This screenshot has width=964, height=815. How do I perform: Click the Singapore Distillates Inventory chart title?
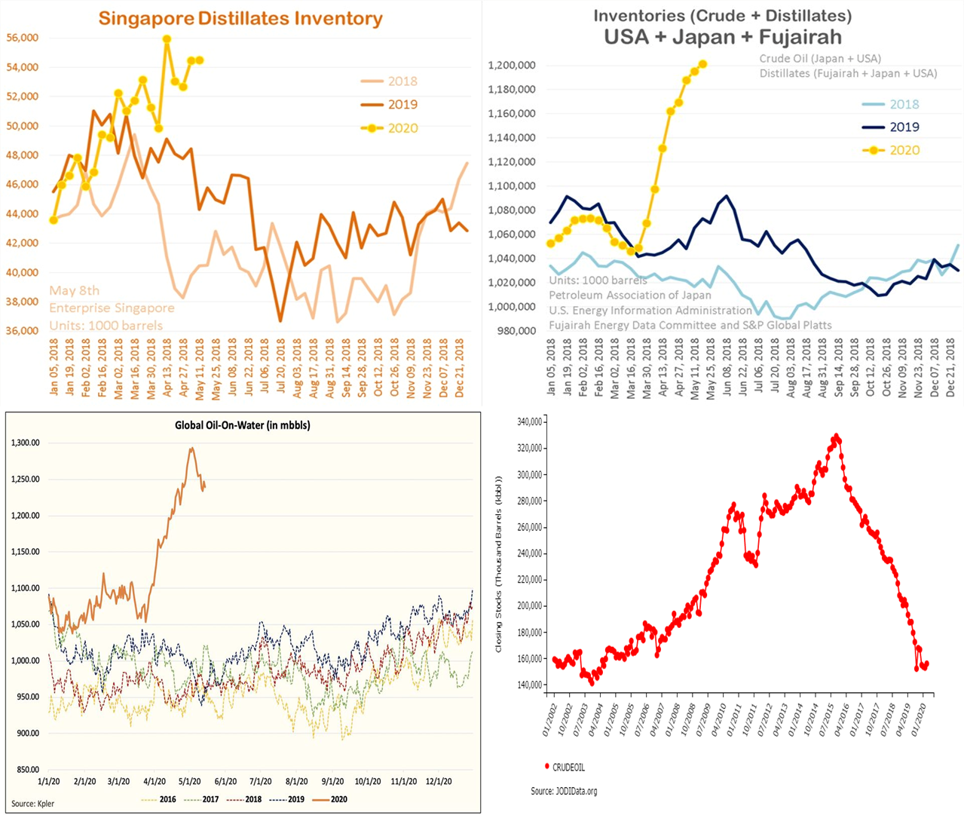(x=240, y=19)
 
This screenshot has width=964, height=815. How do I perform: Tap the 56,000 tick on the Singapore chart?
(x=23, y=38)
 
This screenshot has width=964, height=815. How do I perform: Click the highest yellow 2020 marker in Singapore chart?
(x=167, y=39)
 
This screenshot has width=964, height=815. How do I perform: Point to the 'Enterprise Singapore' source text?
(x=112, y=308)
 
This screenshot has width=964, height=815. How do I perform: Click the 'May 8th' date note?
(x=75, y=290)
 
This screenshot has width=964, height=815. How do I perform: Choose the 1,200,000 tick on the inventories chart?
(x=512, y=66)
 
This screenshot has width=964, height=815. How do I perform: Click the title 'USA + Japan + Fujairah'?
(x=723, y=37)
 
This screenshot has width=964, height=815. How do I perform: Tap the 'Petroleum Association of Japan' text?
(x=629, y=295)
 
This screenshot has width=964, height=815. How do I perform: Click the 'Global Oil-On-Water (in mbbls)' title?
(x=243, y=425)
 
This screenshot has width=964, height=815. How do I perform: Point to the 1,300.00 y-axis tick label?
(x=26, y=443)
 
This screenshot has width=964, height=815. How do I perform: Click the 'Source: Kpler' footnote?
(x=32, y=803)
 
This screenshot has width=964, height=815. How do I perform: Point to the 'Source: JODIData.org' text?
(x=564, y=791)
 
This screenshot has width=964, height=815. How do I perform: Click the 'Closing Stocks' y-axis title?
(x=499, y=564)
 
